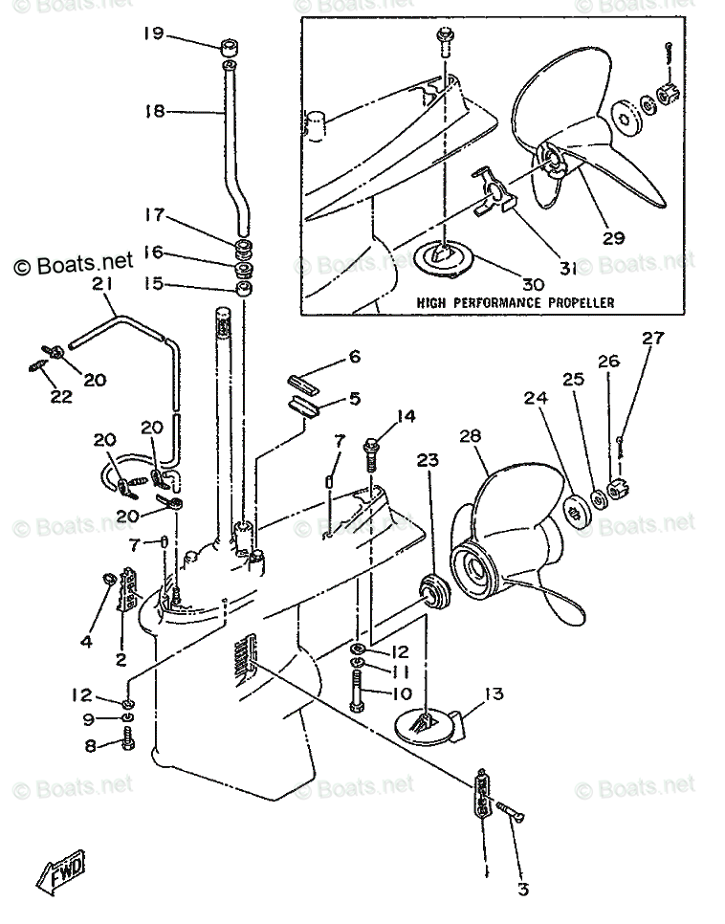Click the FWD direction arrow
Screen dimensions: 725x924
tap(61, 869)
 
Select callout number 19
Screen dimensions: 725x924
tap(153, 33)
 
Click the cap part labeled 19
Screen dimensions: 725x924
tap(230, 47)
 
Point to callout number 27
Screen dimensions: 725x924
tap(653, 338)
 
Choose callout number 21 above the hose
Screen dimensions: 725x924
tap(102, 284)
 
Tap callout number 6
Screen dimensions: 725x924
tap(354, 357)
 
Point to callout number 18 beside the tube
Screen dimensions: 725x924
tap(154, 110)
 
